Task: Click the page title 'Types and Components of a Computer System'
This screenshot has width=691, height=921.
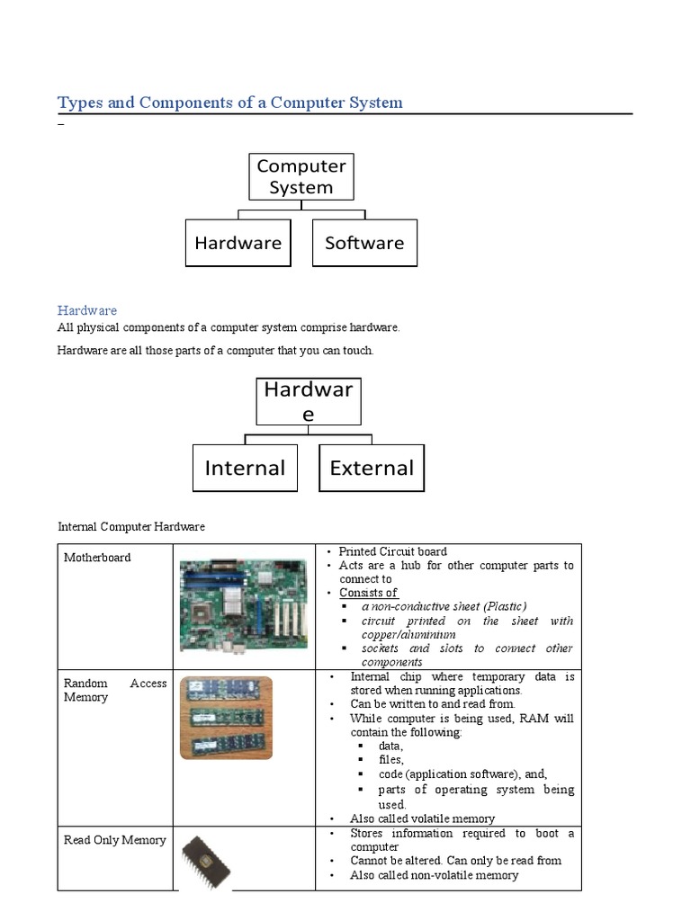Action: (230, 103)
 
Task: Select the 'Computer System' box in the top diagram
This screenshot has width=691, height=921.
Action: (301, 176)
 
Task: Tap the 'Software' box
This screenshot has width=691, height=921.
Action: (364, 243)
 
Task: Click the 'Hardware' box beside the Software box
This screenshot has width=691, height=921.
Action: (238, 243)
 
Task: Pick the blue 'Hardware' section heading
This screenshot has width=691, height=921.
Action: (87, 310)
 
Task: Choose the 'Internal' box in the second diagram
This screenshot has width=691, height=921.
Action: (245, 468)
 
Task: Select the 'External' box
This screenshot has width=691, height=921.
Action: (372, 468)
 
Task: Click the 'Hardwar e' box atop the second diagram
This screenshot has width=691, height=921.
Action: (309, 401)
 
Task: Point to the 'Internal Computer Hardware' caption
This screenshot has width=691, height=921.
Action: (131, 526)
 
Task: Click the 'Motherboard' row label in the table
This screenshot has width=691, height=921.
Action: (97, 558)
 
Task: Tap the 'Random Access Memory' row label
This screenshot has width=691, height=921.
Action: (115, 690)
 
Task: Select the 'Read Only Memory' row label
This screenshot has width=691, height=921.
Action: (115, 840)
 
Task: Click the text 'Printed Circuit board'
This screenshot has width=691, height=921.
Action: (392, 551)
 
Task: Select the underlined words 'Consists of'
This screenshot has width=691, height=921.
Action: (368, 593)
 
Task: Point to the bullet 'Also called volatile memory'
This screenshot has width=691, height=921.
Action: (422, 818)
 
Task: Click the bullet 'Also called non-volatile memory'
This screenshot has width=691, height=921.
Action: (434, 875)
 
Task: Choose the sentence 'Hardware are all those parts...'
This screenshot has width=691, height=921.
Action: (215, 350)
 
